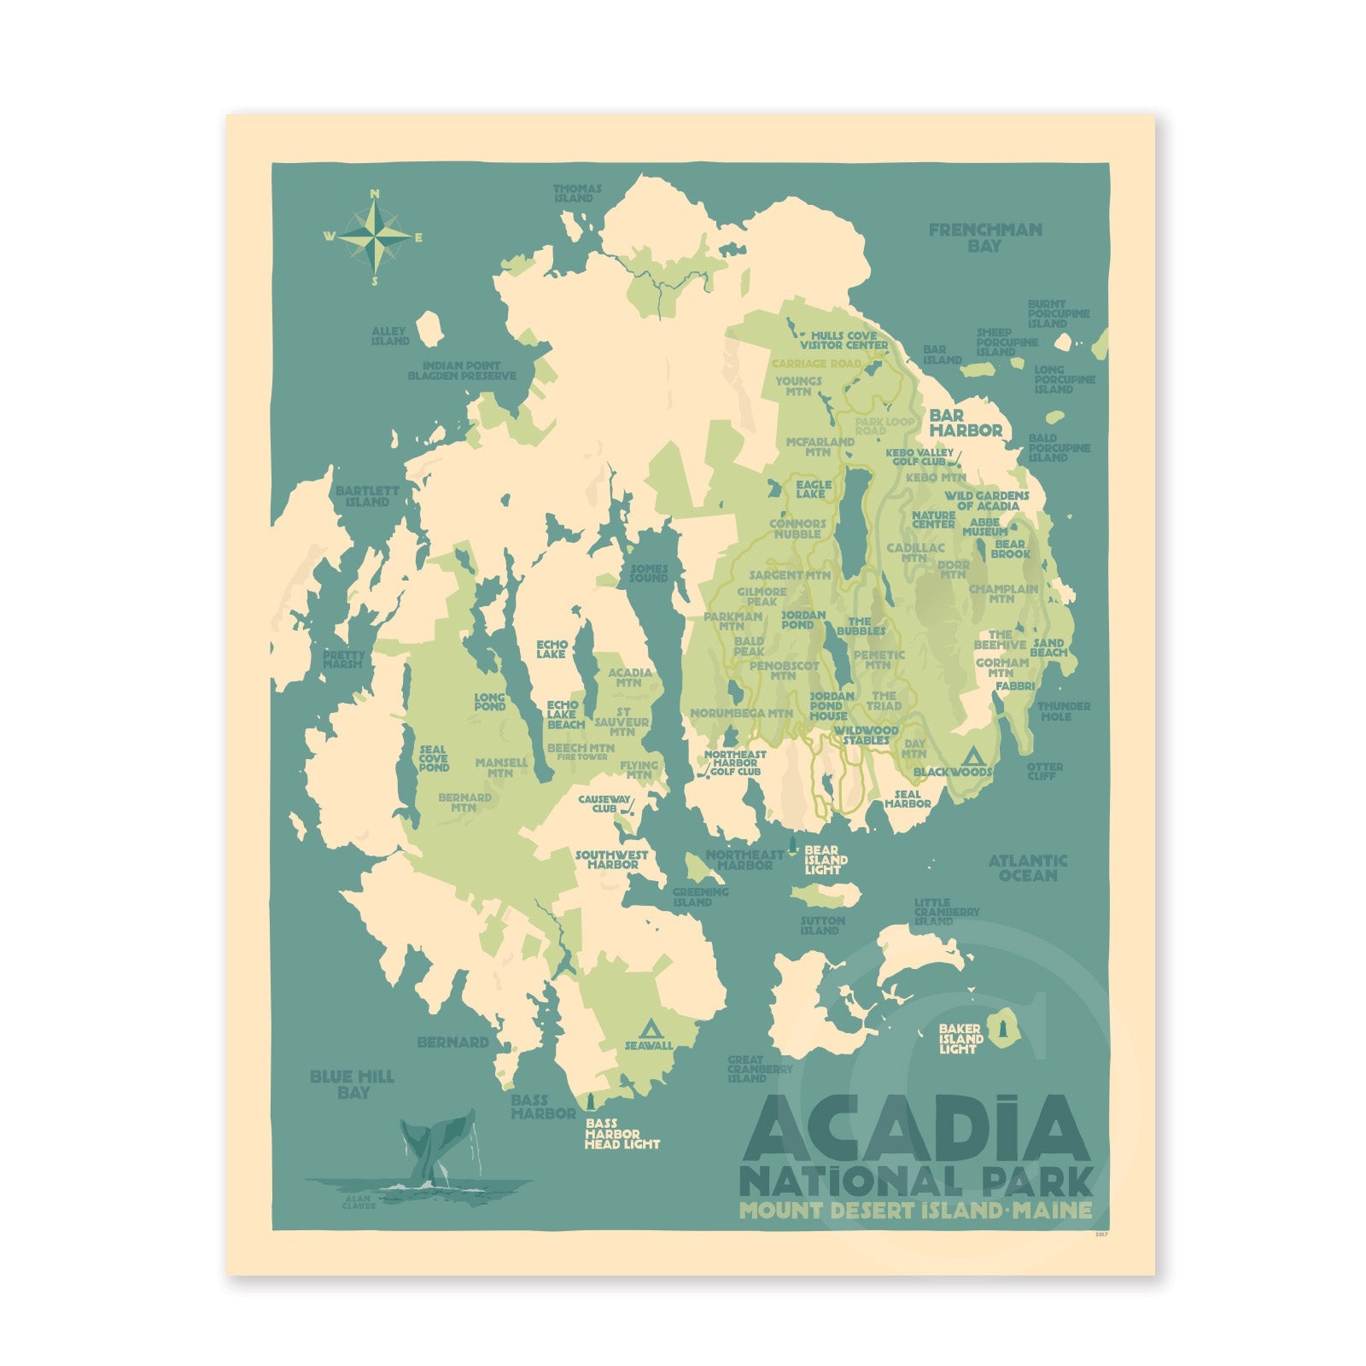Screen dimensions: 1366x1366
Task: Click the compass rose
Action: pyautogui.click(x=374, y=236)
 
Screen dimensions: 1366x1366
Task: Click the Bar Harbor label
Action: pyautogui.click(x=965, y=423)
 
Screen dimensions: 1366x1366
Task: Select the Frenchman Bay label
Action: pyautogui.click(x=984, y=237)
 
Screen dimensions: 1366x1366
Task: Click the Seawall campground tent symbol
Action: pyautogui.click(x=650, y=1027)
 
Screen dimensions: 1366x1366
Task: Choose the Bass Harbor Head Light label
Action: pyautogui.click(x=621, y=1134)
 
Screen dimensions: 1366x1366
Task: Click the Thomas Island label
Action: pyautogui.click(x=577, y=193)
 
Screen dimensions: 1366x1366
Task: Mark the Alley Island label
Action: pyautogui.click(x=389, y=336)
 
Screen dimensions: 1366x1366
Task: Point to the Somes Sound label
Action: pyautogui.click(x=649, y=573)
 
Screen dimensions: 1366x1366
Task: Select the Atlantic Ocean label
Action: pyautogui.click(x=1028, y=867)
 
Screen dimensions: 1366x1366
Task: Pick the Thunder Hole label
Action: pyautogui.click(x=1064, y=711)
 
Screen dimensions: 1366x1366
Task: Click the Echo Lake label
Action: pyautogui.click(x=552, y=649)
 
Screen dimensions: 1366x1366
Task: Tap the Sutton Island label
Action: pyautogui.click(x=821, y=925)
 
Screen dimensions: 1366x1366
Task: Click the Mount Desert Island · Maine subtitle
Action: pyautogui.click(x=915, y=1210)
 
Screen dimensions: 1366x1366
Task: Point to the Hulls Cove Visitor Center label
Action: pyautogui.click(x=844, y=340)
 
